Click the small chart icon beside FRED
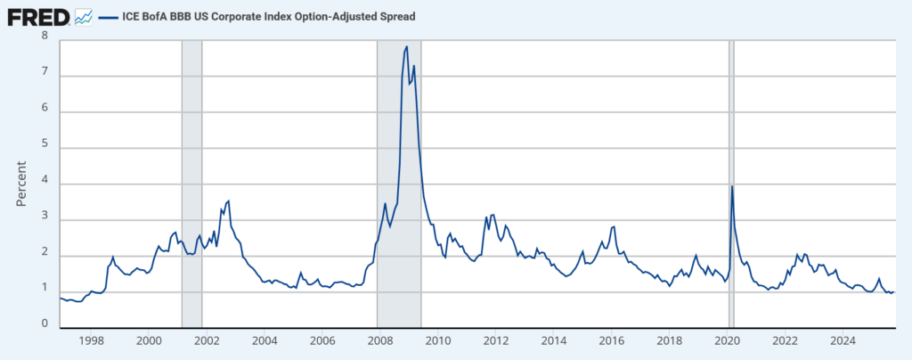pyautogui.click(x=83, y=16)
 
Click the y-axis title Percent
pyautogui.click(x=22, y=183)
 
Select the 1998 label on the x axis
pyautogui.click(x=91, y=341)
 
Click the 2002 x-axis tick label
pyautogui.click(x=206, y=341)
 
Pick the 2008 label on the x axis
pyautogui.click(x=379, y=341)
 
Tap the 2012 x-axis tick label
pyautogui.click(x=495, y=341)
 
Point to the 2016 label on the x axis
pyautogui.click(x=611, y=341)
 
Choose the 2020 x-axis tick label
pyautogui.click(x=727, y=341)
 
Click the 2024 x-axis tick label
pyautogui.click(x=843, y=341)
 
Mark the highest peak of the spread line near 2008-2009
pyautogui.click(x=407, y=46)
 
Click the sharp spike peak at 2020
pyautogui.click(x=732, y=185)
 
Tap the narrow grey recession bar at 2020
pyautogui.click(x=731, y=267)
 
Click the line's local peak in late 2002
pyautogui.click(x=229, y=200)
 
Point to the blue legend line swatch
pyautogui.click(x=109, y=16)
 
